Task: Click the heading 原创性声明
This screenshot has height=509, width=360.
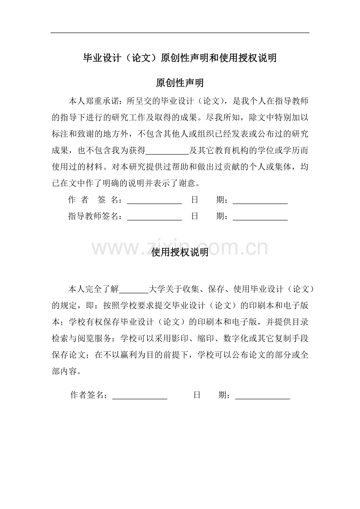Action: (x=180, y=83)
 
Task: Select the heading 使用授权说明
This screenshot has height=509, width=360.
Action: (x=180, y=253)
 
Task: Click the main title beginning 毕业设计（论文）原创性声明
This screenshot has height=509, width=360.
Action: (x=180, y=58)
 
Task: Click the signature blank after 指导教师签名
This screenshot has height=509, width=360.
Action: (x=155, y=216)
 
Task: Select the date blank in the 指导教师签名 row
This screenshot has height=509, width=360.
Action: (x=260, y=216)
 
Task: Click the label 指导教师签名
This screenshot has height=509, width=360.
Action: (x=94, y=216)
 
